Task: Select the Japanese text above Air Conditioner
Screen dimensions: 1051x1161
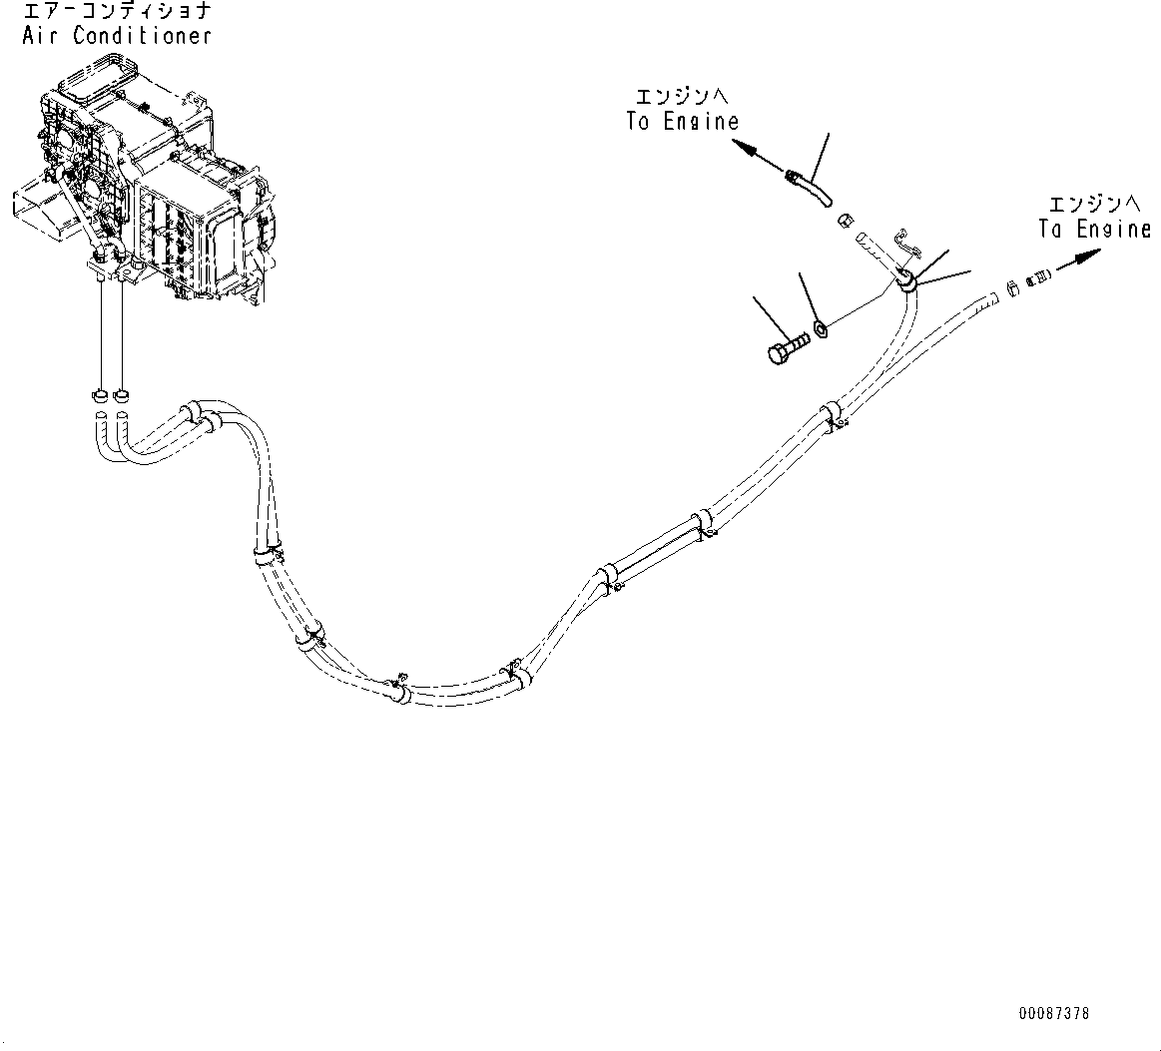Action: coord(115,13)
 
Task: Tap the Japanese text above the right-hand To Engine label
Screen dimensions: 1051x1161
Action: coord(1092,205)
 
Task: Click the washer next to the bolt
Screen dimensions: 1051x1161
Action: coord(819,327)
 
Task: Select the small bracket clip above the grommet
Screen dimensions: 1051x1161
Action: coord(904,239)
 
